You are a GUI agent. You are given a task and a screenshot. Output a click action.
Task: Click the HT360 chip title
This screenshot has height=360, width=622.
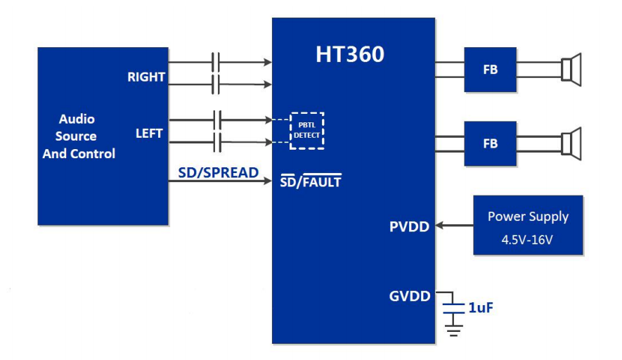pyautogui.click(x=349, y=55)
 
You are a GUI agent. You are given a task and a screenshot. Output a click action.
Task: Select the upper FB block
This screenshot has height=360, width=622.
pyautogui.click(x=490, y=70)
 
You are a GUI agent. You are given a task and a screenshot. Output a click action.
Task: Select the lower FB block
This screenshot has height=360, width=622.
pyautogui.click(x=490, y=143)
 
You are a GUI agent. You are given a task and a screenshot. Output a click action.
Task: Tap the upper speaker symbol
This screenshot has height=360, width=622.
pyautogui.click(x=571, y=70)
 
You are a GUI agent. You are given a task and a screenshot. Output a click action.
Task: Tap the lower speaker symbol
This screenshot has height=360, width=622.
pyautogui.click(x=571, y=143)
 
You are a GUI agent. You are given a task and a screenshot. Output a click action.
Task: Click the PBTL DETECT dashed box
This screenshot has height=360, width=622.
pyautogui.click(x=307, y=130)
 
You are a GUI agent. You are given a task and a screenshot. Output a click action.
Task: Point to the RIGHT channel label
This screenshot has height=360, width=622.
pyautogui.click(x=146, y=77)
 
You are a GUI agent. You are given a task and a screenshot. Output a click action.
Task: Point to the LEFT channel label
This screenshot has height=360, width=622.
pyautogui.click(x=149, y=133)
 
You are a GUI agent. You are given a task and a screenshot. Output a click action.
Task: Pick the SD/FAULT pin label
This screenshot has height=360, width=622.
pyautogui.click(x=311, y=182)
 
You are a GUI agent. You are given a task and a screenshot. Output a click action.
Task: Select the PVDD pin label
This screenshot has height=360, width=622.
pyautogui.click(x=409, y=227)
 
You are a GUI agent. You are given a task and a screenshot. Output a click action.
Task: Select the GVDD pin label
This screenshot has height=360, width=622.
pyautogui.click(x=409, y=296)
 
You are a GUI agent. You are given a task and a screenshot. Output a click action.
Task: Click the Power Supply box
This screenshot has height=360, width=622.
pyautogui.click(x=528, y=225)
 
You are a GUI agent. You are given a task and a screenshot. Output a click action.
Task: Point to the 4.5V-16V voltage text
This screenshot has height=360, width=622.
pyautogui.click(x=527, y=239)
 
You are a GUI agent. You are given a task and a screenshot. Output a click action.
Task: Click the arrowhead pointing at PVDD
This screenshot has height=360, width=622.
pyautogui.click(x=439, y=226)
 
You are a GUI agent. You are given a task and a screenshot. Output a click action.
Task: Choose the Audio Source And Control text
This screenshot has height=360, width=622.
pyautogui.click(x=78, y=136)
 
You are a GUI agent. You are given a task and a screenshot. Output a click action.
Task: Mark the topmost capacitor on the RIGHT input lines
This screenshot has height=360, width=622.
pyautogui.click(x=216, y=62)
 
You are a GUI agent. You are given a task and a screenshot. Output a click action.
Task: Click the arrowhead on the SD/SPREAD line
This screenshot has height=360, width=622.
pyautogui.click(x=268, y=182)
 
